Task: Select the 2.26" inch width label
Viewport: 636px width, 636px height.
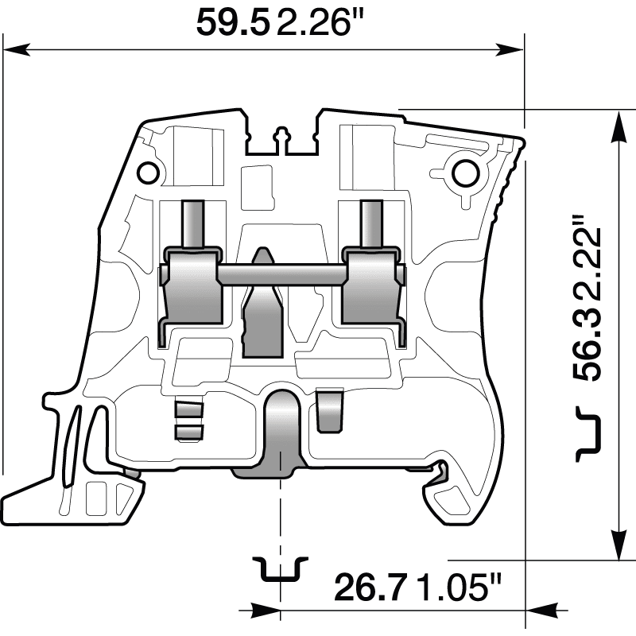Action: (313, 22)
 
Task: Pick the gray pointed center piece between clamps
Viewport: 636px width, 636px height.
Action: (262, 310)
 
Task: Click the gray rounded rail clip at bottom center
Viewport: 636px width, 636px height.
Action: (280, 433)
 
